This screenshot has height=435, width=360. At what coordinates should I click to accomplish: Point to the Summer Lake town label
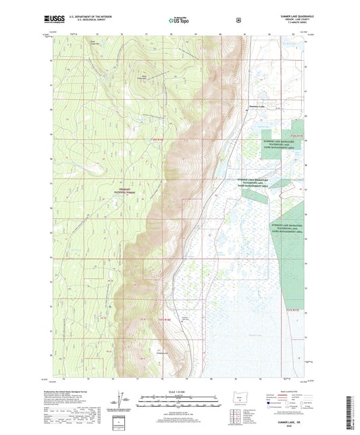[259, 107]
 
